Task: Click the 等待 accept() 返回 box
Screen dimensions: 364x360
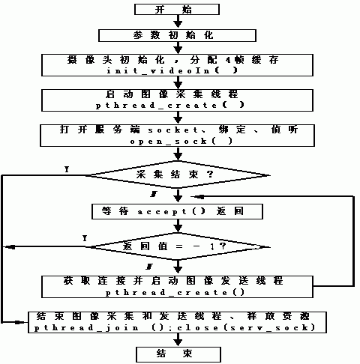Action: (178, 211)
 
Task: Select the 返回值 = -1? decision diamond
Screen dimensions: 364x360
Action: (177, 245)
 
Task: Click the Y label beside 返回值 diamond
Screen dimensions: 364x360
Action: (84, 237)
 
